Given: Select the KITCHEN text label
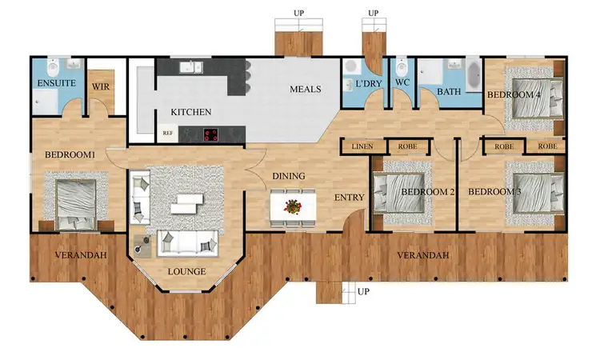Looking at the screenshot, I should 190,112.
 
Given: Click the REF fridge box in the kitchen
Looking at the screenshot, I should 168,134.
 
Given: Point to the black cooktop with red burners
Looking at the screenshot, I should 213,134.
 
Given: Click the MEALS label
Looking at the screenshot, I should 305,89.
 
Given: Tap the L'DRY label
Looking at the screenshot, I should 369,83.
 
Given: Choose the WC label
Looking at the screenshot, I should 402,82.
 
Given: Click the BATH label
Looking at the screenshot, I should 449,92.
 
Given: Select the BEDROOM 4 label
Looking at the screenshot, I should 514,95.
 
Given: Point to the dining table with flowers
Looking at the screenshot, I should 294,206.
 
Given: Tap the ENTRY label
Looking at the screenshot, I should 350,198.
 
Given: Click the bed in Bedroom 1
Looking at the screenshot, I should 75,202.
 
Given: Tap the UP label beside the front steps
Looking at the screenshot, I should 364,290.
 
